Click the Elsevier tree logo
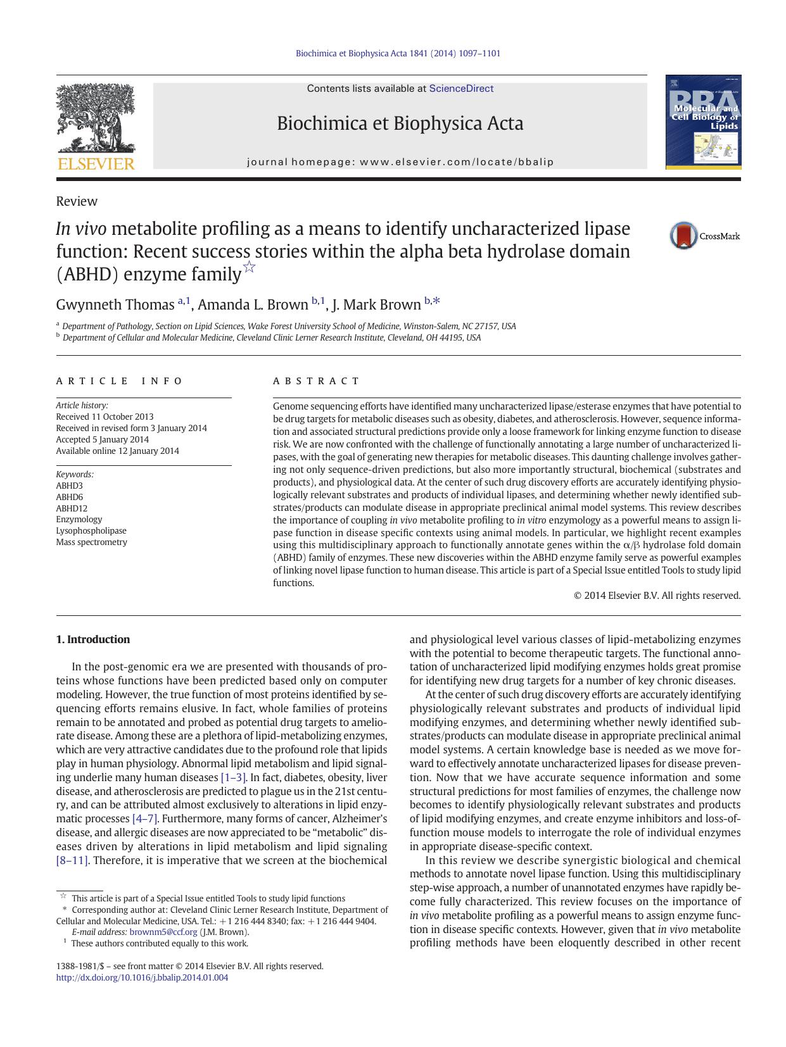96,120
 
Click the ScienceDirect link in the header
461,89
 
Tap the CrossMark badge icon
684,236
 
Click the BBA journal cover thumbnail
703,122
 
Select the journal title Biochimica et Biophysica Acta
400,123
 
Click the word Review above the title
77,201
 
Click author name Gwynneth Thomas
115,304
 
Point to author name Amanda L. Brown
253,304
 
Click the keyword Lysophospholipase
91,531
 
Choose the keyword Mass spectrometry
91,542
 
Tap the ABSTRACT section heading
316,381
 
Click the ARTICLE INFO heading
119,381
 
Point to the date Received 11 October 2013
105,417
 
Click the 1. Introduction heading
92,639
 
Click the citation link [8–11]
72,860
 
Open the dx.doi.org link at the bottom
142,977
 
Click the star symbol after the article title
250,266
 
